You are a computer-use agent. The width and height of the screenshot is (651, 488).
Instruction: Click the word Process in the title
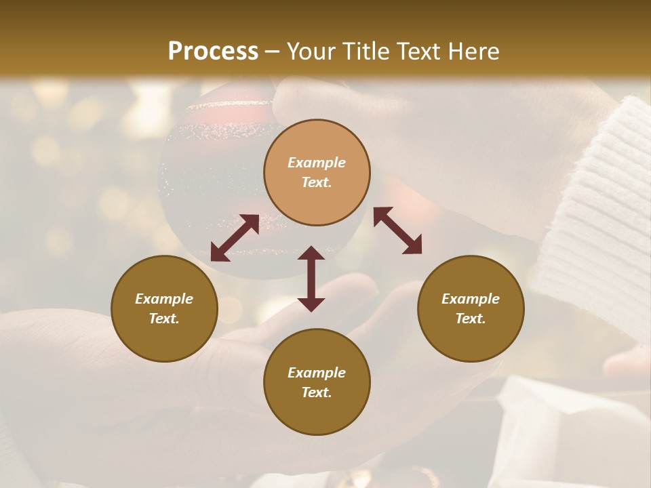coord(213,52)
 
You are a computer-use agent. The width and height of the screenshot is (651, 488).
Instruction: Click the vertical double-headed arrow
coord(311,279)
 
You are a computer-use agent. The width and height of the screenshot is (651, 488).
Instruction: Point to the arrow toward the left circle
coord(235,238)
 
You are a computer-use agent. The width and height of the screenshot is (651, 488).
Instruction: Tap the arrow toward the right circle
coord(397,230)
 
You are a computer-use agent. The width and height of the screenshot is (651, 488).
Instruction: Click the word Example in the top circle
coord(317,163)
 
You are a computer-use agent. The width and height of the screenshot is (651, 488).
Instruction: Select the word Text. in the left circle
coord(164,319)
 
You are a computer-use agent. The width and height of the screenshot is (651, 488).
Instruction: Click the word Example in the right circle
coord(471,299)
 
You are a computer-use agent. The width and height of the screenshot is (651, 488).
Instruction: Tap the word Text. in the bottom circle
coord(317,392)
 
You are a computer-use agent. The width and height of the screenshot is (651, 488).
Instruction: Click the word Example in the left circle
coord(164,299)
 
